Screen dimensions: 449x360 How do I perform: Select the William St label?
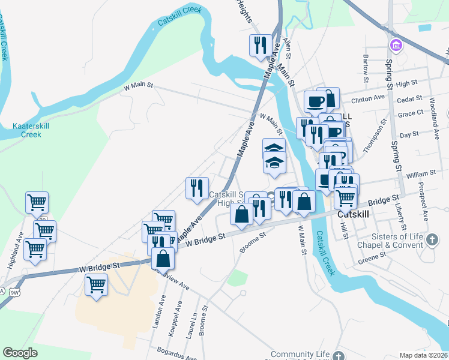(x=420, y=175)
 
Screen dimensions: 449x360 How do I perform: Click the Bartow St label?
(x=365, y=65)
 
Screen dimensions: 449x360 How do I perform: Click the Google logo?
(x=20, y=353)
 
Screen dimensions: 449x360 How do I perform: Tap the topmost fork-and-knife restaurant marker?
(x=261, y=45)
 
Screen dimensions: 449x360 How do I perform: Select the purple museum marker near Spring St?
(x=396, y=45)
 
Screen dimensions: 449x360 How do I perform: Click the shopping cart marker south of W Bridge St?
(x=97, y=284)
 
